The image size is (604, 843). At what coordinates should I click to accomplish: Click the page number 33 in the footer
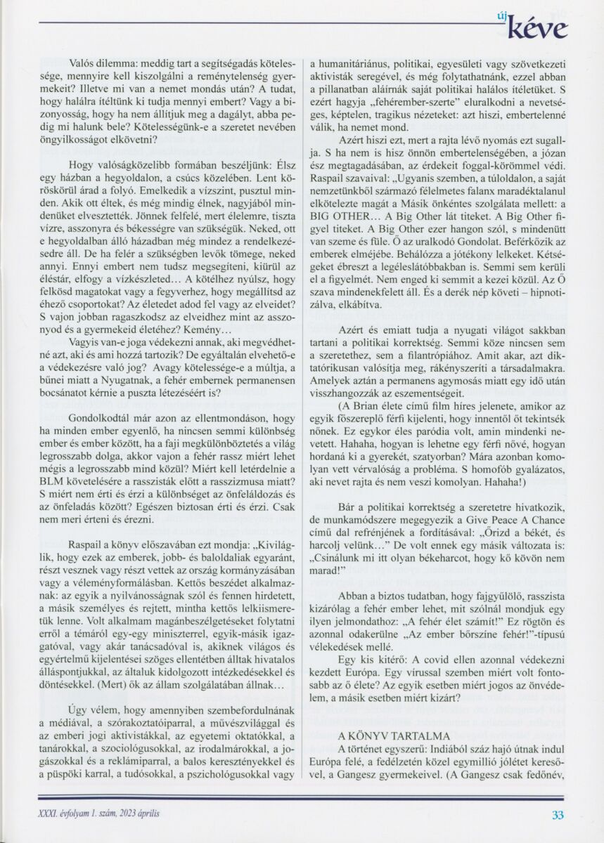[x=558, y=815]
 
